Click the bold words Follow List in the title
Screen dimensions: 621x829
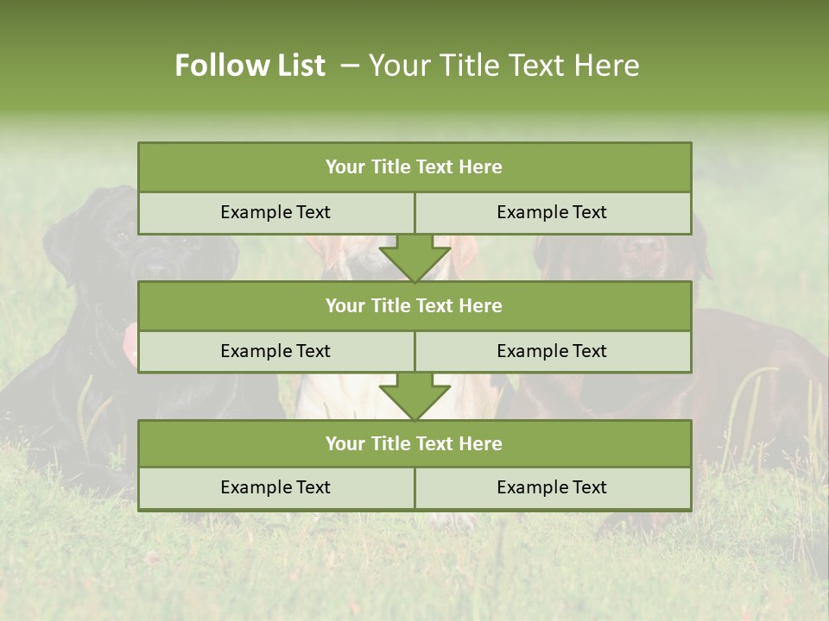(x=250, y=66)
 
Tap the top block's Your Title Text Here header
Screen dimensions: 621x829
(x=414, y=167)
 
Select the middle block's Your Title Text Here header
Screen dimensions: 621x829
(x=414, y=305)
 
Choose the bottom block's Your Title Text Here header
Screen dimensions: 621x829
(x=414, y=443)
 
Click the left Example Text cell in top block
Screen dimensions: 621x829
(x=275, y=212)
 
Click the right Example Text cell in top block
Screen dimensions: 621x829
(x=552, y=212)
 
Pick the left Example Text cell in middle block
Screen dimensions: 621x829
(x=275, y=351)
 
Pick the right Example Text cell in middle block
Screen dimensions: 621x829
(x=552, y=351)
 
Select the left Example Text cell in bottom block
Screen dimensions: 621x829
(x=275, y=487)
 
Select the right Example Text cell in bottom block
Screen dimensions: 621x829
(x=552, y=487)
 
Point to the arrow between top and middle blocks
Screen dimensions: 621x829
(x=414, y=257)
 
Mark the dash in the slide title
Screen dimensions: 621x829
(x=350, y=66)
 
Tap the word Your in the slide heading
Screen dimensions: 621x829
(x=394, y=66)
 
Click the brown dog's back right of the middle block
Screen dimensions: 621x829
(x=751, y=345)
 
